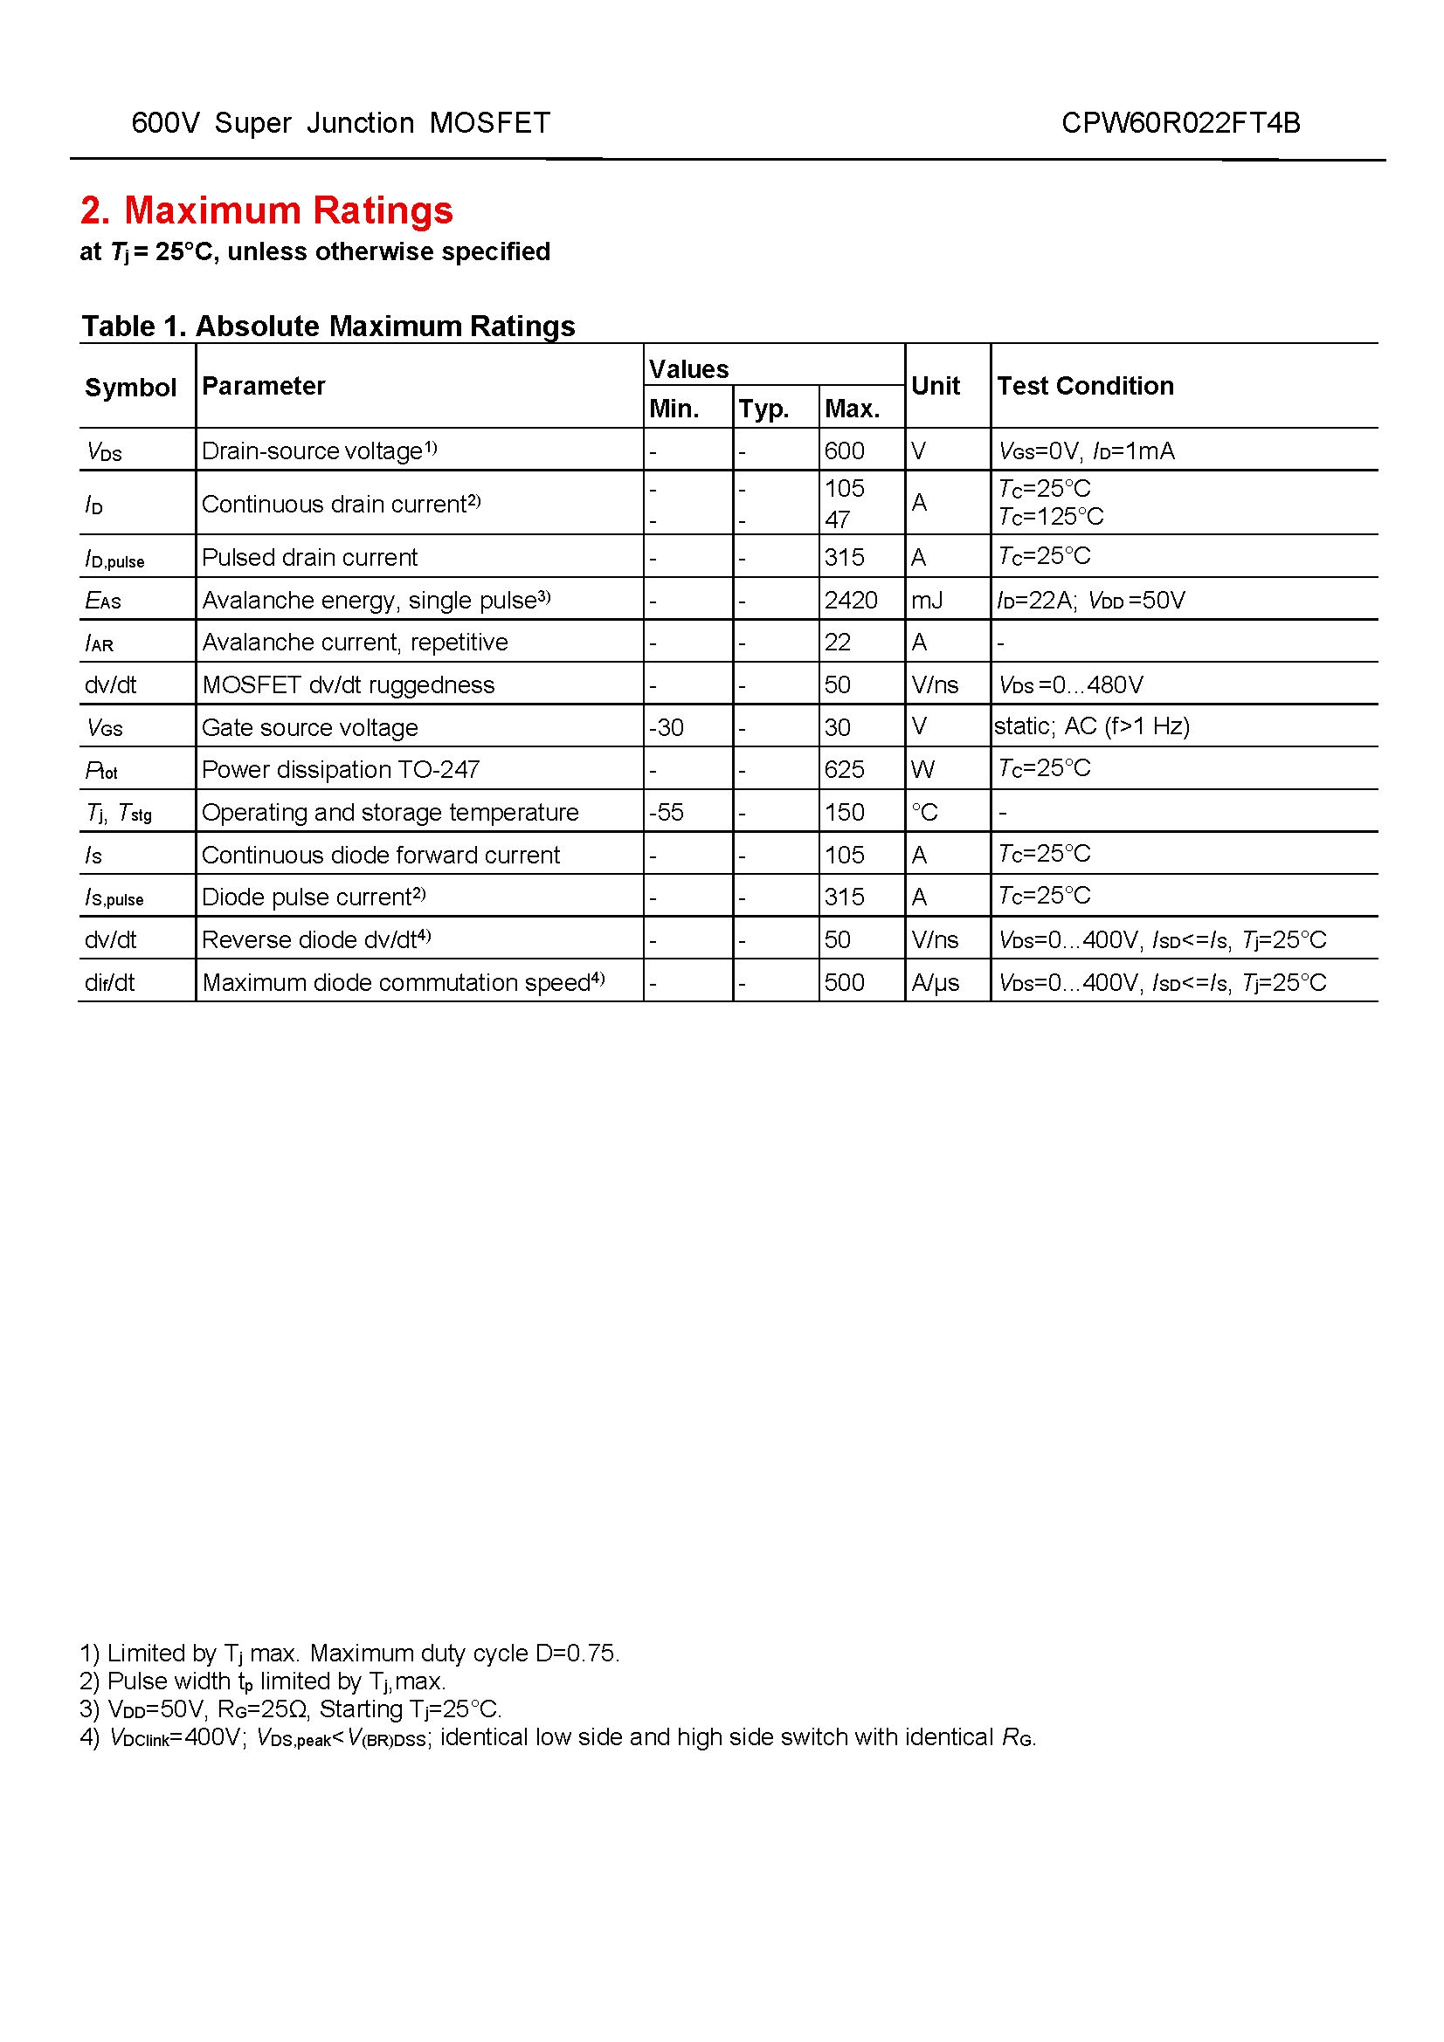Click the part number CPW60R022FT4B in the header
pyautogui.click(x=1180, y=123)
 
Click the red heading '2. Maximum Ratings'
pyautogui.click(x=266, y=210)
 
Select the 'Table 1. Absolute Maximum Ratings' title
pyautogui.click(x=328, y=327)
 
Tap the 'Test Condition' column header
pyautogui.click(x=1085, y=386)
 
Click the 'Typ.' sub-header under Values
pyautogui.click(x=763, y=409)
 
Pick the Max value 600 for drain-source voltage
pyautogui.click(x=844, y=450)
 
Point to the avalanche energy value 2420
pyautogui.click(x=851, y=601)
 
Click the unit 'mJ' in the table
pyautogui.click(x=926, y=601)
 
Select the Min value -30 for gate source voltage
pyautogui.click(x=667, y=727)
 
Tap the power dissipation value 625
pyautogui.click(x=844, y=769)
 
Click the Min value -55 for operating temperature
pyautogui.click(x=667, y=812)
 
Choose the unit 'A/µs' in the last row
pyautogui.click(x=935, y=982)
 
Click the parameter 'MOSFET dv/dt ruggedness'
pyautogui.click(x=348, y=684)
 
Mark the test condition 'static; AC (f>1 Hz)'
pyautogui.click(x=1092, y=726)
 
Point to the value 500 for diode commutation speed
pyautogui.click(x=844, y=982)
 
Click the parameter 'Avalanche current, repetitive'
pyautogui.click(x=355, y=643)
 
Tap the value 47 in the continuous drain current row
pyautogui.click(x=837, y=519)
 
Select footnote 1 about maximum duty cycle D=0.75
pyautogui.click(x=349, y=1654)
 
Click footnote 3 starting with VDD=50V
pyautogui.click(x=291, y=1709)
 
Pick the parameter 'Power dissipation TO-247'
pyautogui.click(x=341, y=769)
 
